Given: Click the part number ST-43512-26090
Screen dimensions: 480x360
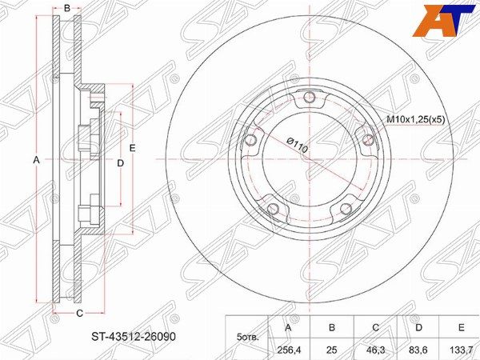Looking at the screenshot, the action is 134,337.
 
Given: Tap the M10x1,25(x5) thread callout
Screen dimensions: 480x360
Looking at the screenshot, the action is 415,119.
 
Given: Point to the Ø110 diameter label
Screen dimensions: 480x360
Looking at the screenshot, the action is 297,145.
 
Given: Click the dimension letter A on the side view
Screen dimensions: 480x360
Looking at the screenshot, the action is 37,159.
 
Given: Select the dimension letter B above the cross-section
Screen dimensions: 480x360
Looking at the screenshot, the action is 67,8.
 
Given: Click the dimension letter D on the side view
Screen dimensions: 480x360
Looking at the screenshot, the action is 121,163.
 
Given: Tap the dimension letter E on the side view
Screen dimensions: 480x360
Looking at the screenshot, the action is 132,148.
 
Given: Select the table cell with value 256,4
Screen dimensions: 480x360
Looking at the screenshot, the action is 288,350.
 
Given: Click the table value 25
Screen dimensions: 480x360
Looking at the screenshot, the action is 332,350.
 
